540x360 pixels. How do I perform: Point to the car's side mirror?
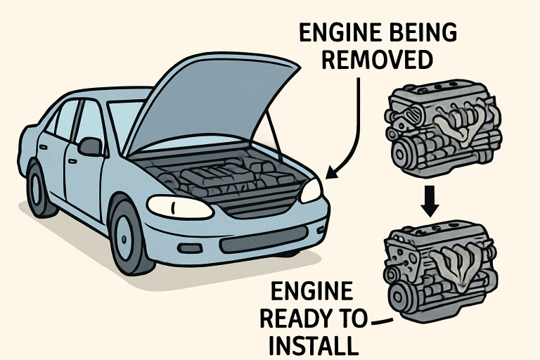tap(90, 146)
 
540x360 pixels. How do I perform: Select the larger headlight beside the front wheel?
tap(179, 207)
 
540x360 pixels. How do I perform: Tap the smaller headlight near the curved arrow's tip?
tap(311, 191)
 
